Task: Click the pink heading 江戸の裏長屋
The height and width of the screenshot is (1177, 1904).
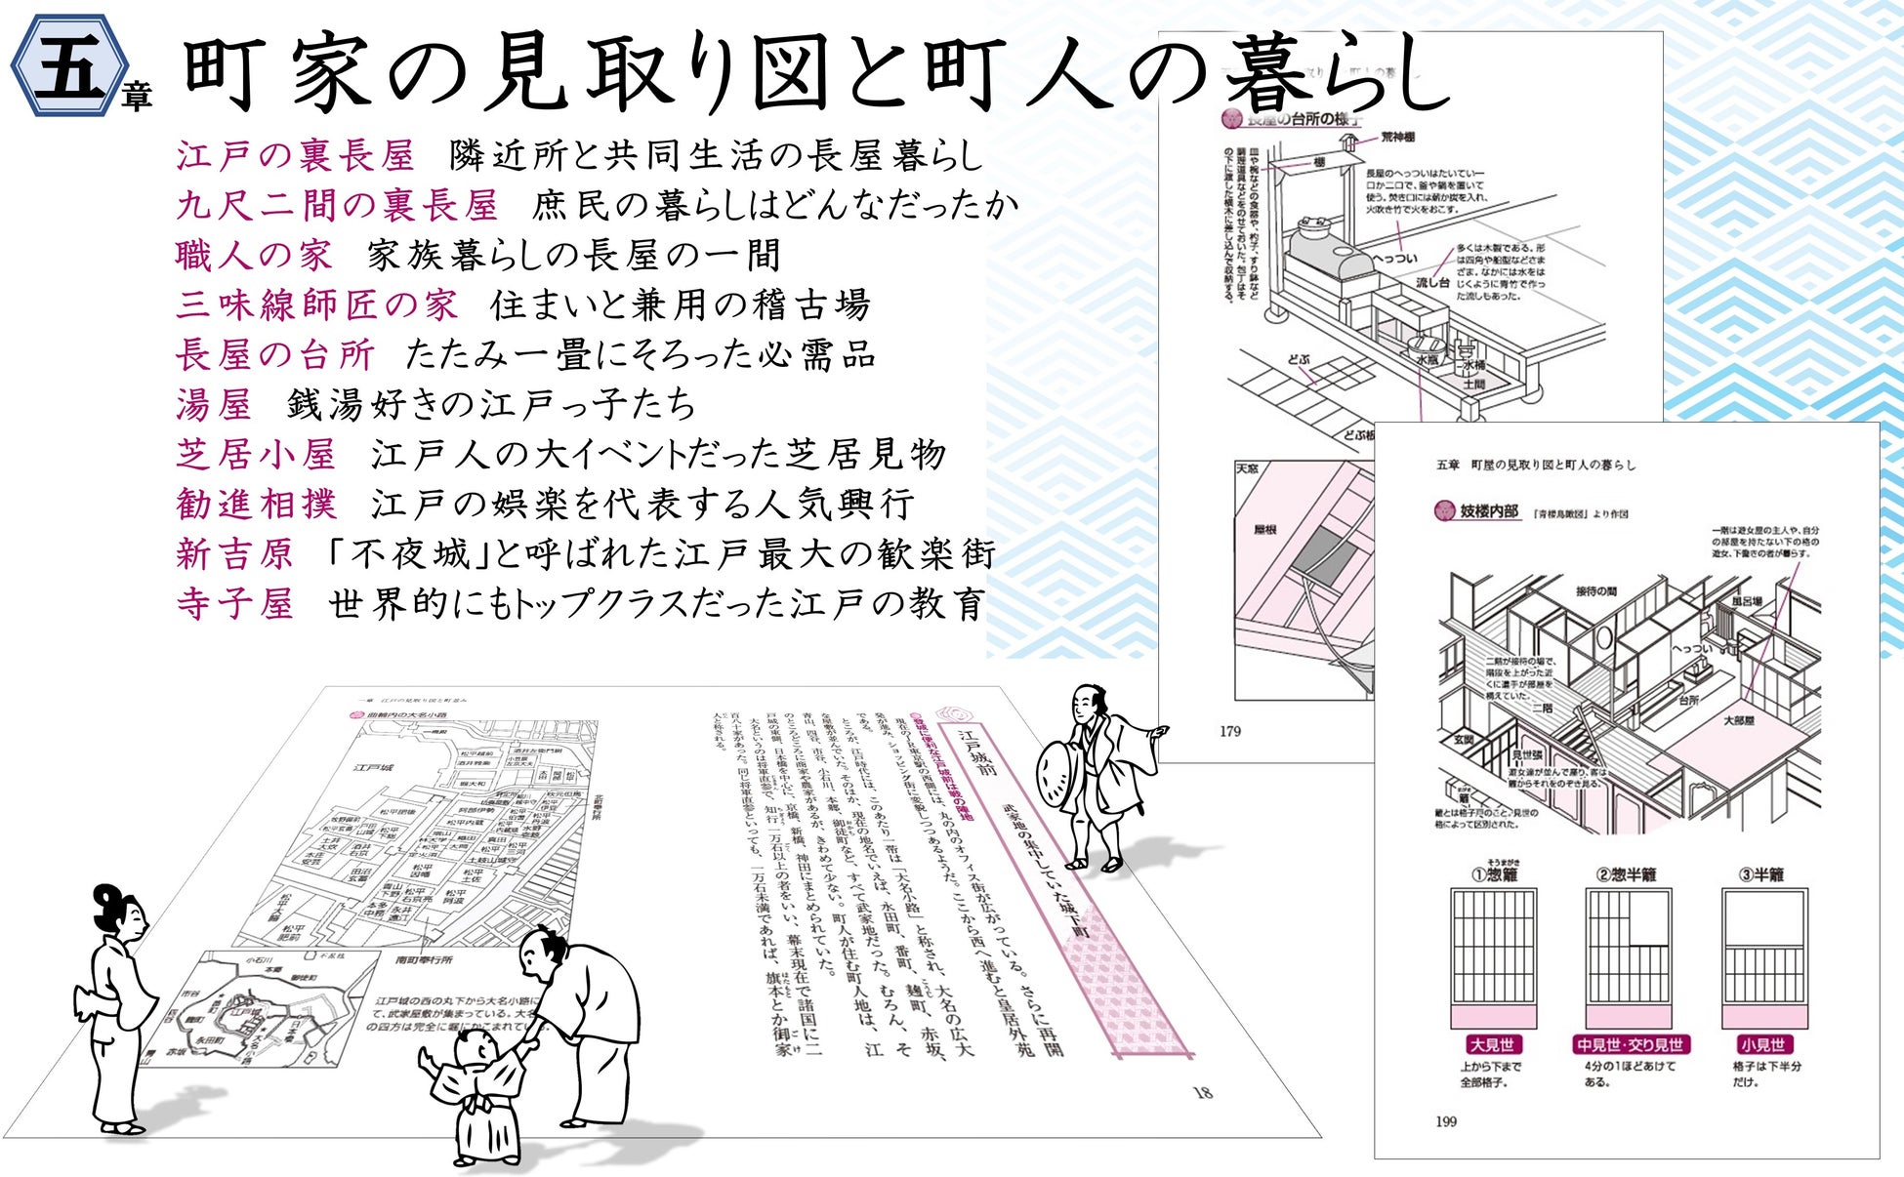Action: click(x=295, y=155)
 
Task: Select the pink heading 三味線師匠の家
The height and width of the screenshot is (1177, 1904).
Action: click(x=316, y=304)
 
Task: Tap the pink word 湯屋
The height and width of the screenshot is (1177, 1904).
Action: click(x=214, y=404)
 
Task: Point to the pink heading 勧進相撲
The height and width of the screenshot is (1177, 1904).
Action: click(x=257, y=504)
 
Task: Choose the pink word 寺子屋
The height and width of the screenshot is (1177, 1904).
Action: click(x=235, y=604)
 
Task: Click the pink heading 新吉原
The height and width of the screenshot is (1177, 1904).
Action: click(x=235, y=554)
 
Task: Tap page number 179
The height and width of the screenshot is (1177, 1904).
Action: click(x=1230, y=731)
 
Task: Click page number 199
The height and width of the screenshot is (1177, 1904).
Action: click(x=1446, y=1121)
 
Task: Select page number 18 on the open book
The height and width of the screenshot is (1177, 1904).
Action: click(x=1203, y=1092)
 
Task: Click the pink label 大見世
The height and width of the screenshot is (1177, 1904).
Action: click(x=1492, y=1044)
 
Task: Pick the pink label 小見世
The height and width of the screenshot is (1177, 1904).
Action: click(x=1762, y=1044)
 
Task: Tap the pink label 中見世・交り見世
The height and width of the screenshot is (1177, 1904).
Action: click(x=1630, y=1044)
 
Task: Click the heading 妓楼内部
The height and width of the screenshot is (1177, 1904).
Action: click(x=1489, y=510)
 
